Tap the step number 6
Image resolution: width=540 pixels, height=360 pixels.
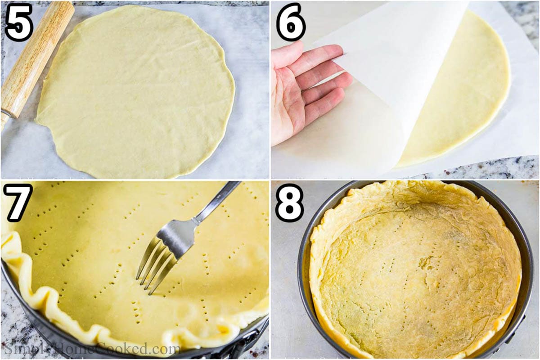(x=291, y=22)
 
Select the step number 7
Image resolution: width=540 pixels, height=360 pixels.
(x=18, y=202)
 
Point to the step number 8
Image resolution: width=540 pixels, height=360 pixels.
(x=289, y=202)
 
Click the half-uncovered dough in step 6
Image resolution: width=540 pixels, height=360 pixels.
(x=468, y=90)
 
